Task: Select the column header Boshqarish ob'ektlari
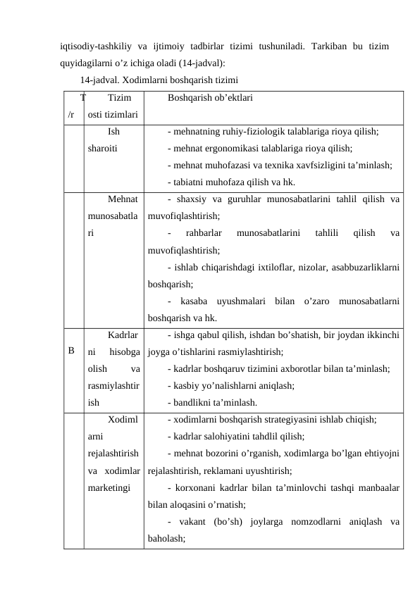point(211,99)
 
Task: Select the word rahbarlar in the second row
point(205,233)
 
